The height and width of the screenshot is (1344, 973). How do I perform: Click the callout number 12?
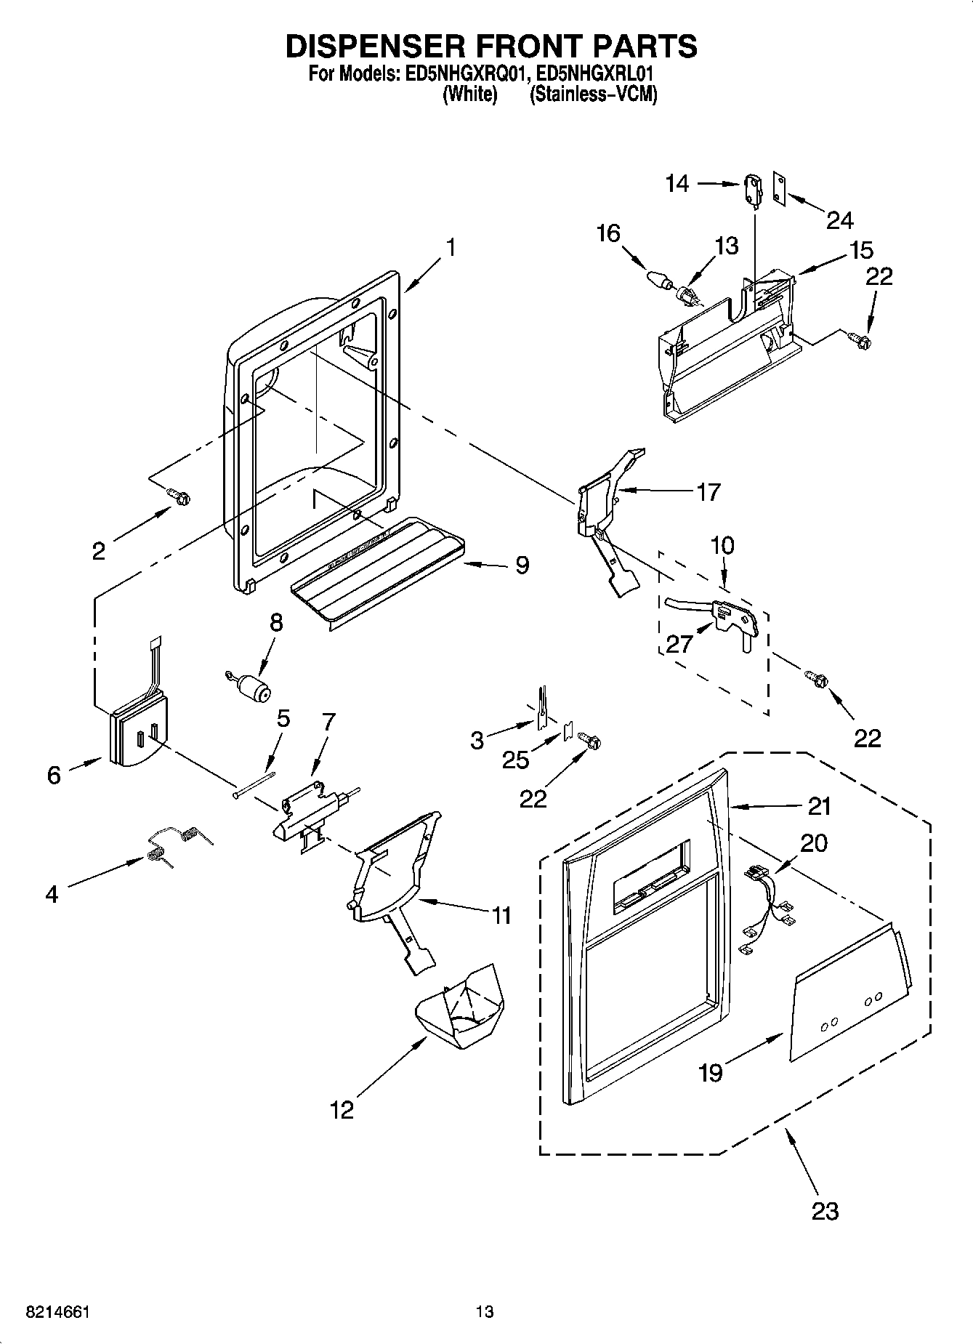click(x=342, y=1110)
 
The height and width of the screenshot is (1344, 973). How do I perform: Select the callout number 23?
click(x=825, y=1211)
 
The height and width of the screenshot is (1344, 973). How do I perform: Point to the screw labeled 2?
click(x=179, y=496)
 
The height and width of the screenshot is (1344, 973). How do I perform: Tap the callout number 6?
click(x=54, y=775)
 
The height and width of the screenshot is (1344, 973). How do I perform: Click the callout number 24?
click(x=839, y=220)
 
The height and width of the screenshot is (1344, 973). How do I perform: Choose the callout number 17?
click(x=708, y=492)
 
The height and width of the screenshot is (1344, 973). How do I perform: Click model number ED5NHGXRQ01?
click(x=459, y=74)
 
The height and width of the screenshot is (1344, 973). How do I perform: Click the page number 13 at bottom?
click(x=485, y=1312)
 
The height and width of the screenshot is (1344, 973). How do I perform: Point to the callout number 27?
click(x=680, y=644)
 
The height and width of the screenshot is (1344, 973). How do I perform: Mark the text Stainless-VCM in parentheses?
click(x=593, y=94)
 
